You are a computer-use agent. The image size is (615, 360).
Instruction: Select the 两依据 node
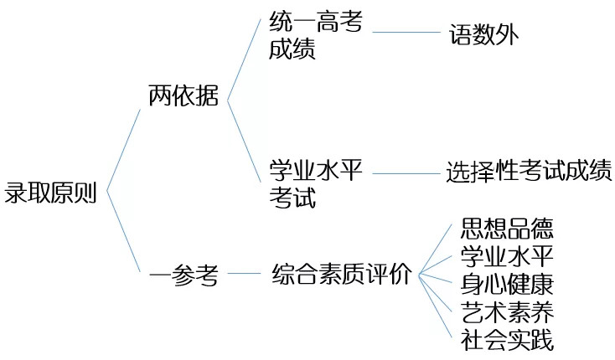click(183, 97)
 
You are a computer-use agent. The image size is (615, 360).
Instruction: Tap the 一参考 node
click(183, 275)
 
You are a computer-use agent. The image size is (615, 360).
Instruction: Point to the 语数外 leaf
click(484, 34)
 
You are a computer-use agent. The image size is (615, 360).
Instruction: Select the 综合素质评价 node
click(342, 274)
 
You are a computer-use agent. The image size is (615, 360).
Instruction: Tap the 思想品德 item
click(507, 228)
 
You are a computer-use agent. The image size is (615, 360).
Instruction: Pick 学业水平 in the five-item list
click(507, 255)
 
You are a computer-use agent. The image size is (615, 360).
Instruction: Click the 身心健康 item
click(507, 283)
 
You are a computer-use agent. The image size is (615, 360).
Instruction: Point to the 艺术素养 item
click(507, 311)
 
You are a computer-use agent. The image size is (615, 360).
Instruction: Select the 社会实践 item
click(507, 339)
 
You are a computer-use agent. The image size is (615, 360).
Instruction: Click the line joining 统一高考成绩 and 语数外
click(406, 33)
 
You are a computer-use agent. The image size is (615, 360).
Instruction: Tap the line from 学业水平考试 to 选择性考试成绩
click(406, 172)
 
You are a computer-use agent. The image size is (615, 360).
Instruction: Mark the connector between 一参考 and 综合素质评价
click(244, 273)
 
